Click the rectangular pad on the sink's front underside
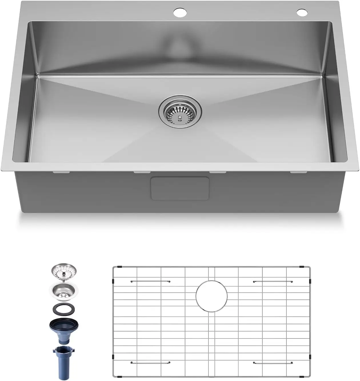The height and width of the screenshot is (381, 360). pyautogui.click(x=180, y=188)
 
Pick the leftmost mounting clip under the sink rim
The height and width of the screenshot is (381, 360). pyautogui.click(x=61, y=172)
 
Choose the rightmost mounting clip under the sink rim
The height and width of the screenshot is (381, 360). pyautogui.click(x=298, y=172)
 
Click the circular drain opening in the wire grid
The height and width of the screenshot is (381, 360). pyautogui.click(x=212, y=296)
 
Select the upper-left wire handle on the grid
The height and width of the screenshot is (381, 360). pyautogui.click(x=150, y=281)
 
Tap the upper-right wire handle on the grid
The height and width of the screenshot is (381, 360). pyautogui.click(x=273, y=282)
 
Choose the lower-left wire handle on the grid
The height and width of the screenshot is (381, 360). pyautogui.click(x=150, y=363)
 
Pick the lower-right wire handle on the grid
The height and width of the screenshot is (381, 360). pyautogui.click(x=273, y=363)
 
